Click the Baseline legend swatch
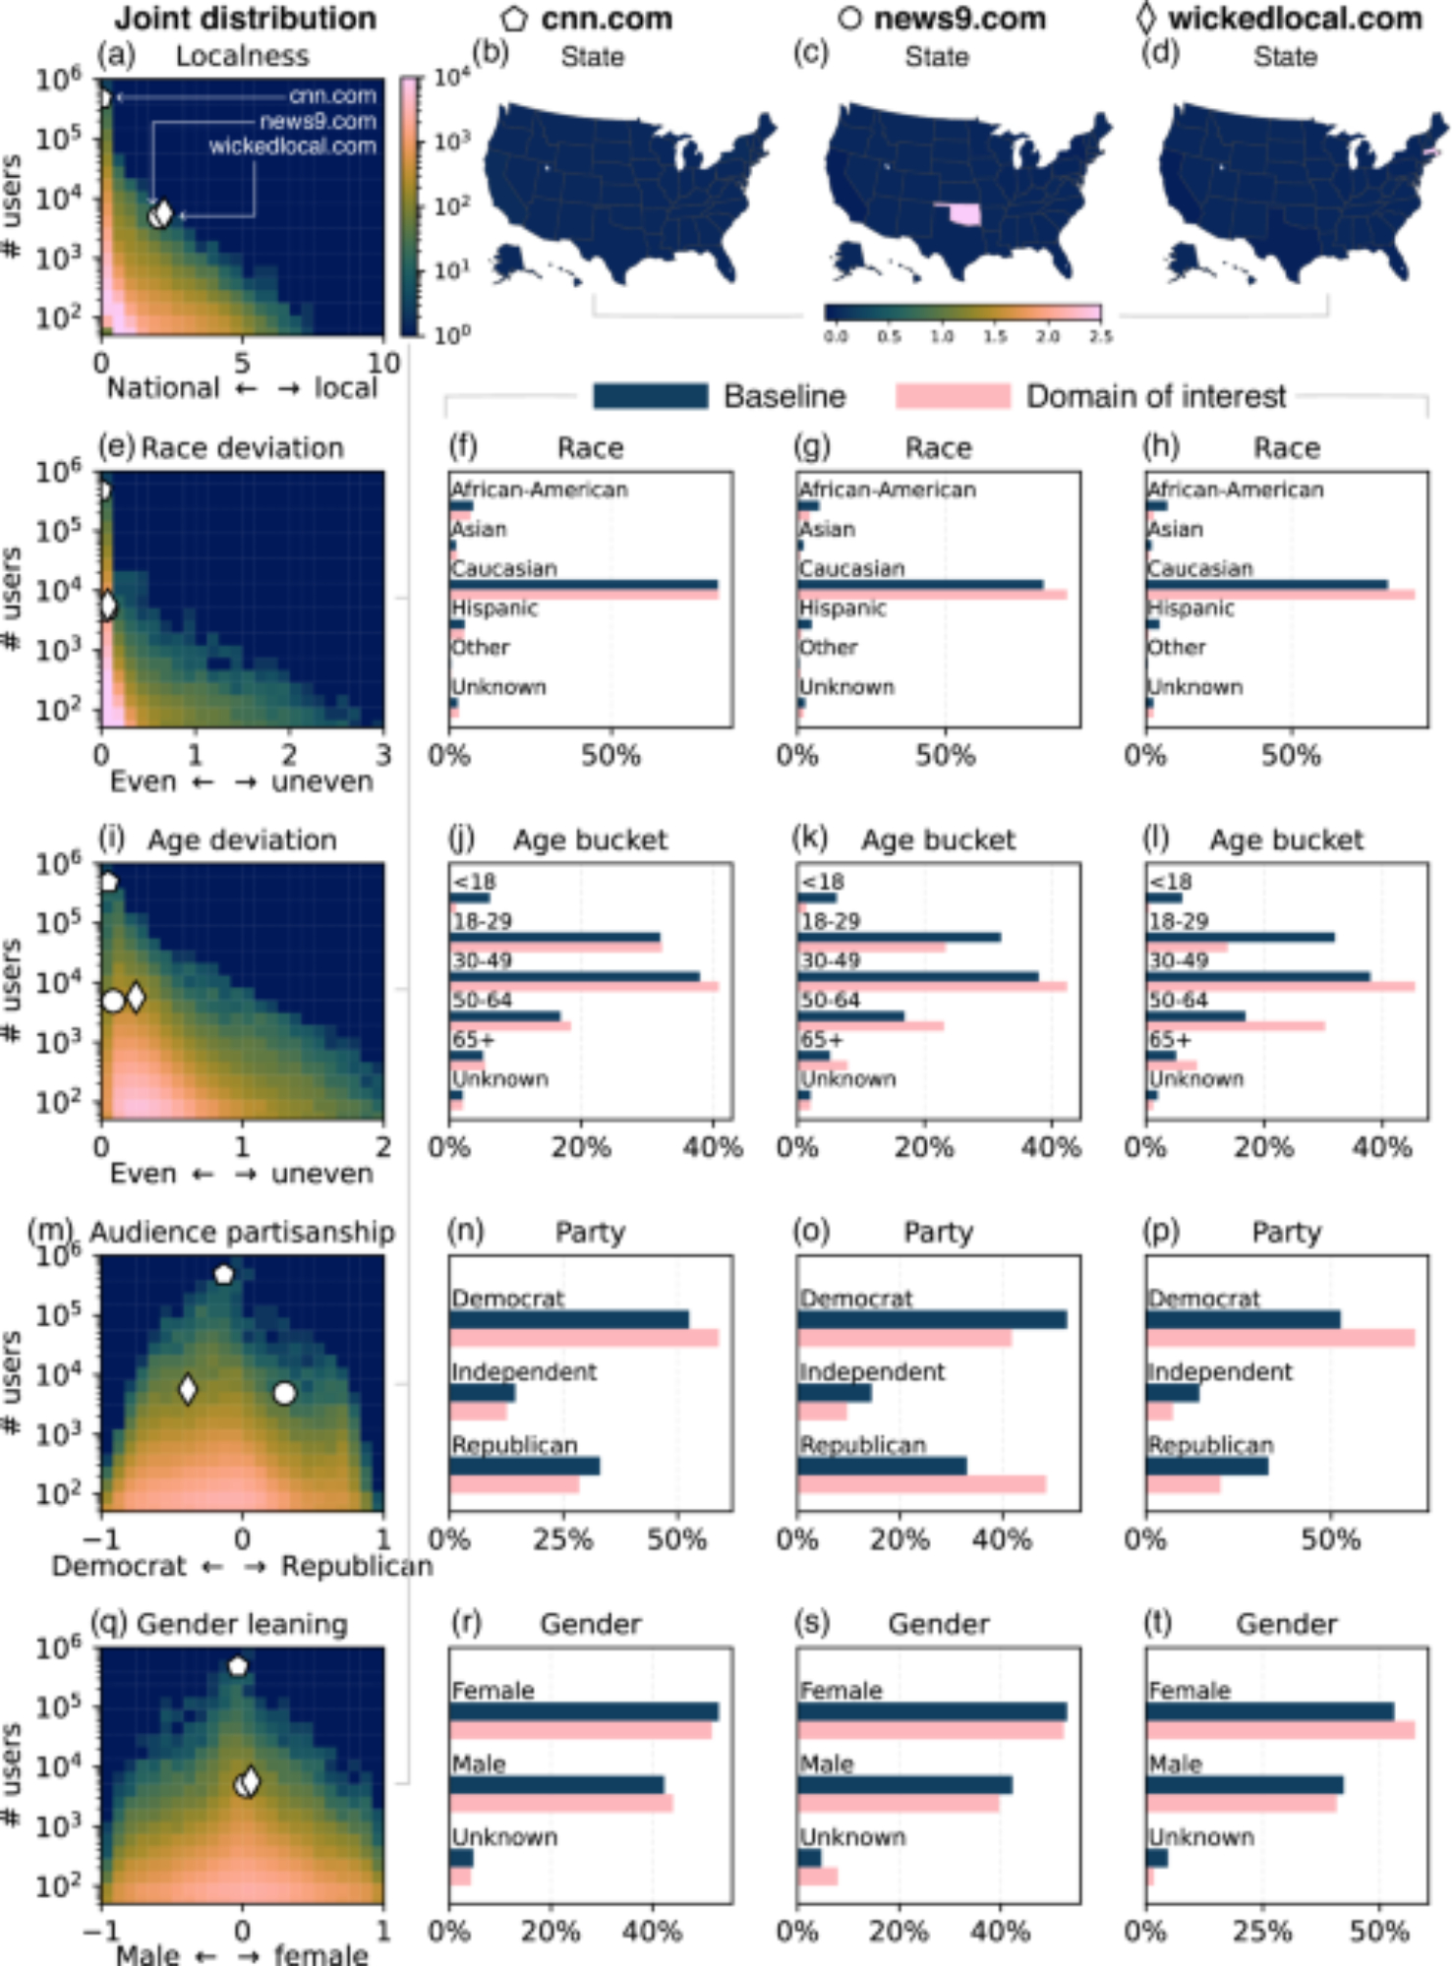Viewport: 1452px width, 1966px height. tap(650, 396)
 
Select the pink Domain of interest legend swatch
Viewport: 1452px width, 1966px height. tap(953, 396)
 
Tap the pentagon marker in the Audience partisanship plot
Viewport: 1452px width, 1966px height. tap(224, 1274)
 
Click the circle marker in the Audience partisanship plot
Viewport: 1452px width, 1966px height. tap(284, 1393)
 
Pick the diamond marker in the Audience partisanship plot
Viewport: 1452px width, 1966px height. tap(188, 1389)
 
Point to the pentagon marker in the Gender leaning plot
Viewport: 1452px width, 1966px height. tap(238, 1666)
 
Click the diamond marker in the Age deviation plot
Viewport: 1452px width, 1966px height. tap(136, 998)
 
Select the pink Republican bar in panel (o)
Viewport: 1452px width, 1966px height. tap(921, 1484)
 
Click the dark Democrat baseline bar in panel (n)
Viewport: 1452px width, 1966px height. tap(568, 1319)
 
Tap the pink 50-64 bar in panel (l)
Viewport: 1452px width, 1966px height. tap(1235, 1026)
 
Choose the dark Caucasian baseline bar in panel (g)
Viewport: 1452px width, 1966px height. tap(919, 584)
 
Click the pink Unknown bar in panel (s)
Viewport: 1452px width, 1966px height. tap(817, 1877)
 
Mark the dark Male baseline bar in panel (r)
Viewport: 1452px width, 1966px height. tap(556, 1785)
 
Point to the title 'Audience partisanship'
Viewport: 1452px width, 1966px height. tap(242, 1232)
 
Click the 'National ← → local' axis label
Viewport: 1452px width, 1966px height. tap(242, 388)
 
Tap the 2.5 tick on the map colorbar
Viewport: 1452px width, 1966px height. tap(1101, 336)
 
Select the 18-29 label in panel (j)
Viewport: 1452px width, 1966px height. tap(483, 921)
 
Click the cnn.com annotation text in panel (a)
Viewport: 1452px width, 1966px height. tap(332, 95)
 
